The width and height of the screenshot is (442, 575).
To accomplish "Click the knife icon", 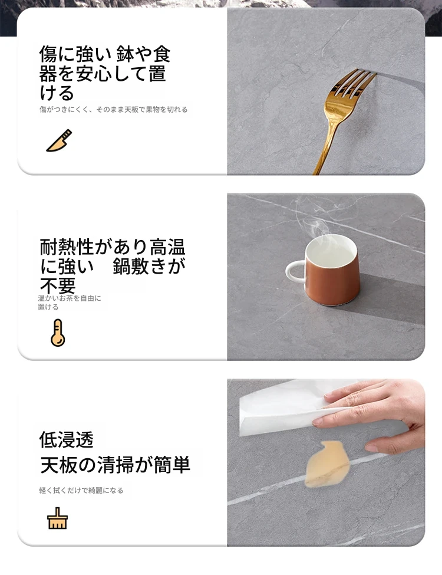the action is tap(60, 141).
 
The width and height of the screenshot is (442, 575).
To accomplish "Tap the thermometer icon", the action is tap(58, 333).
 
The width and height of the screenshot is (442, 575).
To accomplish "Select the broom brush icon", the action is tap(58, 518).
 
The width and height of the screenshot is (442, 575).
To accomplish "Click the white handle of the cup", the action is tap(295, 271).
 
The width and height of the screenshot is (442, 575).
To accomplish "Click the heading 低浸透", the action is tap(67, 439).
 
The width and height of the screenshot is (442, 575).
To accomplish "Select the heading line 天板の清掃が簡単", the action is tap(115, 465).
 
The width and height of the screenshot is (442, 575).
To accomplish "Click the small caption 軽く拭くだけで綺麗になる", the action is tap(81, 490).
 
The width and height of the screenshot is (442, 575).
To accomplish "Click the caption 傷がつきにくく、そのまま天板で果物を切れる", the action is tap(114, 109).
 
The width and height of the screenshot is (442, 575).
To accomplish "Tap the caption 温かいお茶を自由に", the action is tap(70, 298).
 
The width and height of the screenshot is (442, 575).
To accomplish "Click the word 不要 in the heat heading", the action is tap(58, 285).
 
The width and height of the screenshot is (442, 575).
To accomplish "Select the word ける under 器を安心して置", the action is tap(57, 93).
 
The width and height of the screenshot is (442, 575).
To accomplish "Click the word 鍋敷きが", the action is tap(149, 266).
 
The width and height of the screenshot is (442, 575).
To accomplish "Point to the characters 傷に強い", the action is tap(75, 54).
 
